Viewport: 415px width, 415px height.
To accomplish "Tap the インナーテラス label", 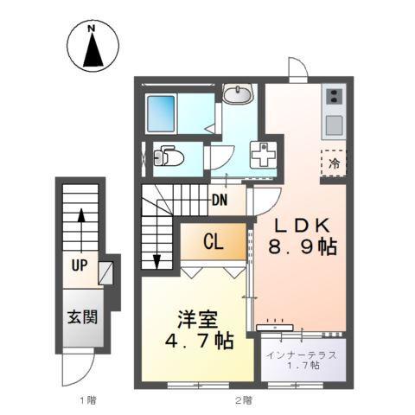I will coord(305,355).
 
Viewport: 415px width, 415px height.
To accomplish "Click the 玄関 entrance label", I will coord(82,316).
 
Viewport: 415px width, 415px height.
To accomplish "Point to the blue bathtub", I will coord(162,112).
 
